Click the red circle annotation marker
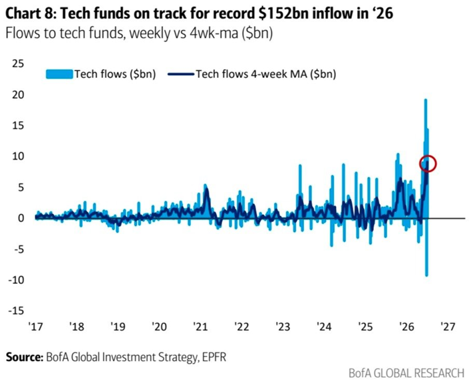tap(420, 164)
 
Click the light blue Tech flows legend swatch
tap(59, 74)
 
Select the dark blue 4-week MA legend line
tap(181, 74)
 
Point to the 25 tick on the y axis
tap(18, 64)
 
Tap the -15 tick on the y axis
tap(16, 311)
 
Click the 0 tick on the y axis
tap(21, 218)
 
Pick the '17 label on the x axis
tap(36, 326)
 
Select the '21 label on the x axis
tap(200, 326)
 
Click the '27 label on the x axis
tap(448, 326)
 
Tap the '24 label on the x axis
tap(324, 326)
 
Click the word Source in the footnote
tap(25, 357)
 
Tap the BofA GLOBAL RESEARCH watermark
tap(406, 373)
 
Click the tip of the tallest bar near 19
tap(425, 99)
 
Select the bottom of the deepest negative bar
tap(426, 275)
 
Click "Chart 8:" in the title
tap(31, 13)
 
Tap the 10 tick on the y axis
tap(18, 156)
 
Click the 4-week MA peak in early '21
tap(207, 188)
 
